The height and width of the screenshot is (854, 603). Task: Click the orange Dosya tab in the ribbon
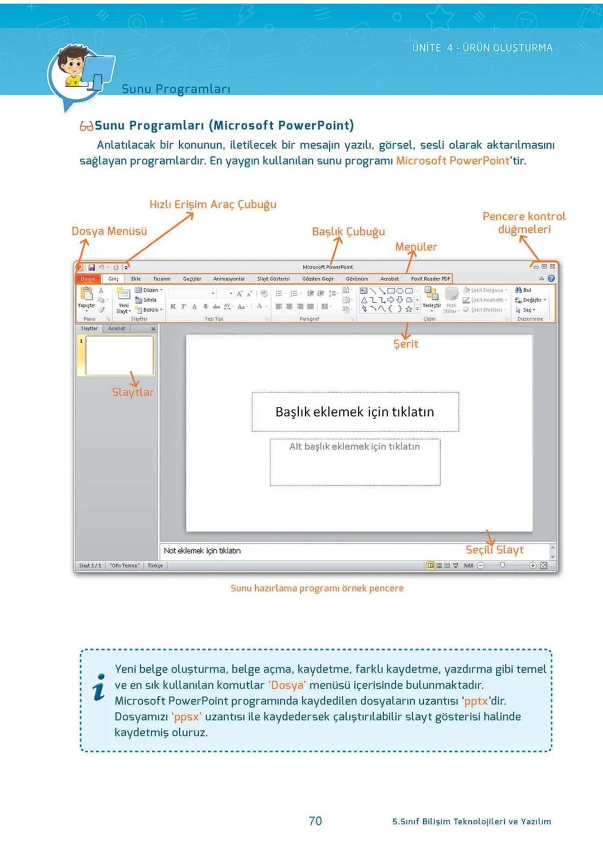point(88,278)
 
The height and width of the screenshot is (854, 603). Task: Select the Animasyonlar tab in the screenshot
point(229,278)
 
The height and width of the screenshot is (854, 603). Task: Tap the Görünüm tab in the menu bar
point(357,278)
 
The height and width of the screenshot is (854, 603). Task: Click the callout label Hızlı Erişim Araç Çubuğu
point(213,205)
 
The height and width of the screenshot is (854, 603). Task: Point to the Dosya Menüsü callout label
point(109,231)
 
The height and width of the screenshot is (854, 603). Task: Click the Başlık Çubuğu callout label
point(348,232)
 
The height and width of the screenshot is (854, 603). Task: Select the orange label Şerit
point(406,344)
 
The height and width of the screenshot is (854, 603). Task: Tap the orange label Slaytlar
point(133,392)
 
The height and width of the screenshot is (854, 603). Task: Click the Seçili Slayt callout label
point(495,550)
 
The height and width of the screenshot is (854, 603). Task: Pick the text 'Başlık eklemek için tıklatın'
point(355,412)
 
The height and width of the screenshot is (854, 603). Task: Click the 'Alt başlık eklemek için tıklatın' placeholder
point(355,447)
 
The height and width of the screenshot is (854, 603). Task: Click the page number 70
point(315,820)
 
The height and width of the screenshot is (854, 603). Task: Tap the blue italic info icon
point(99,687)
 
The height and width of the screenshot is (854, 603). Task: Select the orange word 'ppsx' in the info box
point(186,717)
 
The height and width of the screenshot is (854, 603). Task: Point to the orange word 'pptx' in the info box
point(476,701)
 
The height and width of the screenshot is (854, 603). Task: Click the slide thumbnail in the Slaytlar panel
point(119,356)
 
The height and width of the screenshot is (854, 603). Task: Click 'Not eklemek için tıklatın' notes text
point(202,551)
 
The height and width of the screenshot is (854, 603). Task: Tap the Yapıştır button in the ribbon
point(87,297)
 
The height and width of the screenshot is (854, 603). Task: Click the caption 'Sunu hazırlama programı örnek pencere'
point(317,588)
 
